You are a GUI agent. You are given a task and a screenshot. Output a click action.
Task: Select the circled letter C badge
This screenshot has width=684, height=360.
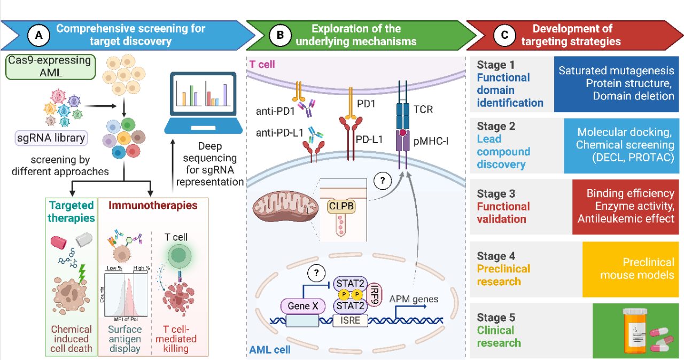[x=504, y=35]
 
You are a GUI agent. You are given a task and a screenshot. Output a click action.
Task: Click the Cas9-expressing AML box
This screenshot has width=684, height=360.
[x=43, y=66]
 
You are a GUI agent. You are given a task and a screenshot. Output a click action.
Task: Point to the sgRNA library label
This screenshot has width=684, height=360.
[x=50, y=138]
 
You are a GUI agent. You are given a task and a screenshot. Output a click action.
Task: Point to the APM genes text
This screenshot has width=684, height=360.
[x=413, y=299]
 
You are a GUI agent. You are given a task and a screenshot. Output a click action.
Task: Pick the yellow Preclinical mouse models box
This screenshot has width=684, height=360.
[x=633, y=269]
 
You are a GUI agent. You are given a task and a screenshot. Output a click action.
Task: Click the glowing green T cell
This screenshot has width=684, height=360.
[x=179, y=256]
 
